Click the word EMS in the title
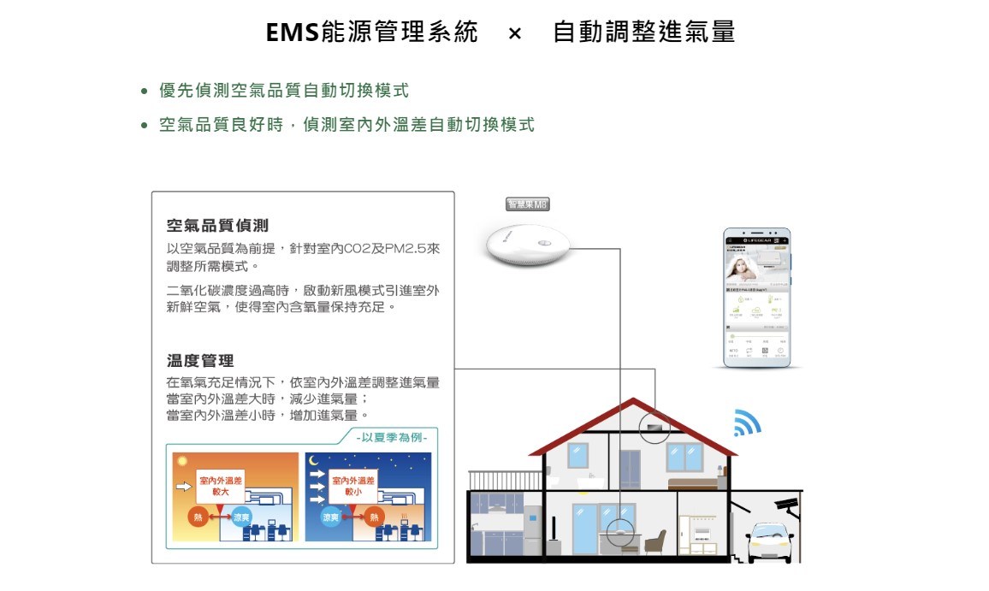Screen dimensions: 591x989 point(292,33)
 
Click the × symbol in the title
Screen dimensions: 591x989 point(514,33)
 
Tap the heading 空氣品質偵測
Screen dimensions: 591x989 point(217,226)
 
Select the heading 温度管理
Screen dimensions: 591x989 point(200,361)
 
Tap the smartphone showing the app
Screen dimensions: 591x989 point(757,297)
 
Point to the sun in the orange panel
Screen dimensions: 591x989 point(181,461)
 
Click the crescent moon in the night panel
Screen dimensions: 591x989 point(314,461)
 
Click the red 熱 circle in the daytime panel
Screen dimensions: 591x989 point(198,517)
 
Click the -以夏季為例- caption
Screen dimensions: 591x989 point(393,437)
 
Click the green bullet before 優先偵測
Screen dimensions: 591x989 point(145,92)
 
